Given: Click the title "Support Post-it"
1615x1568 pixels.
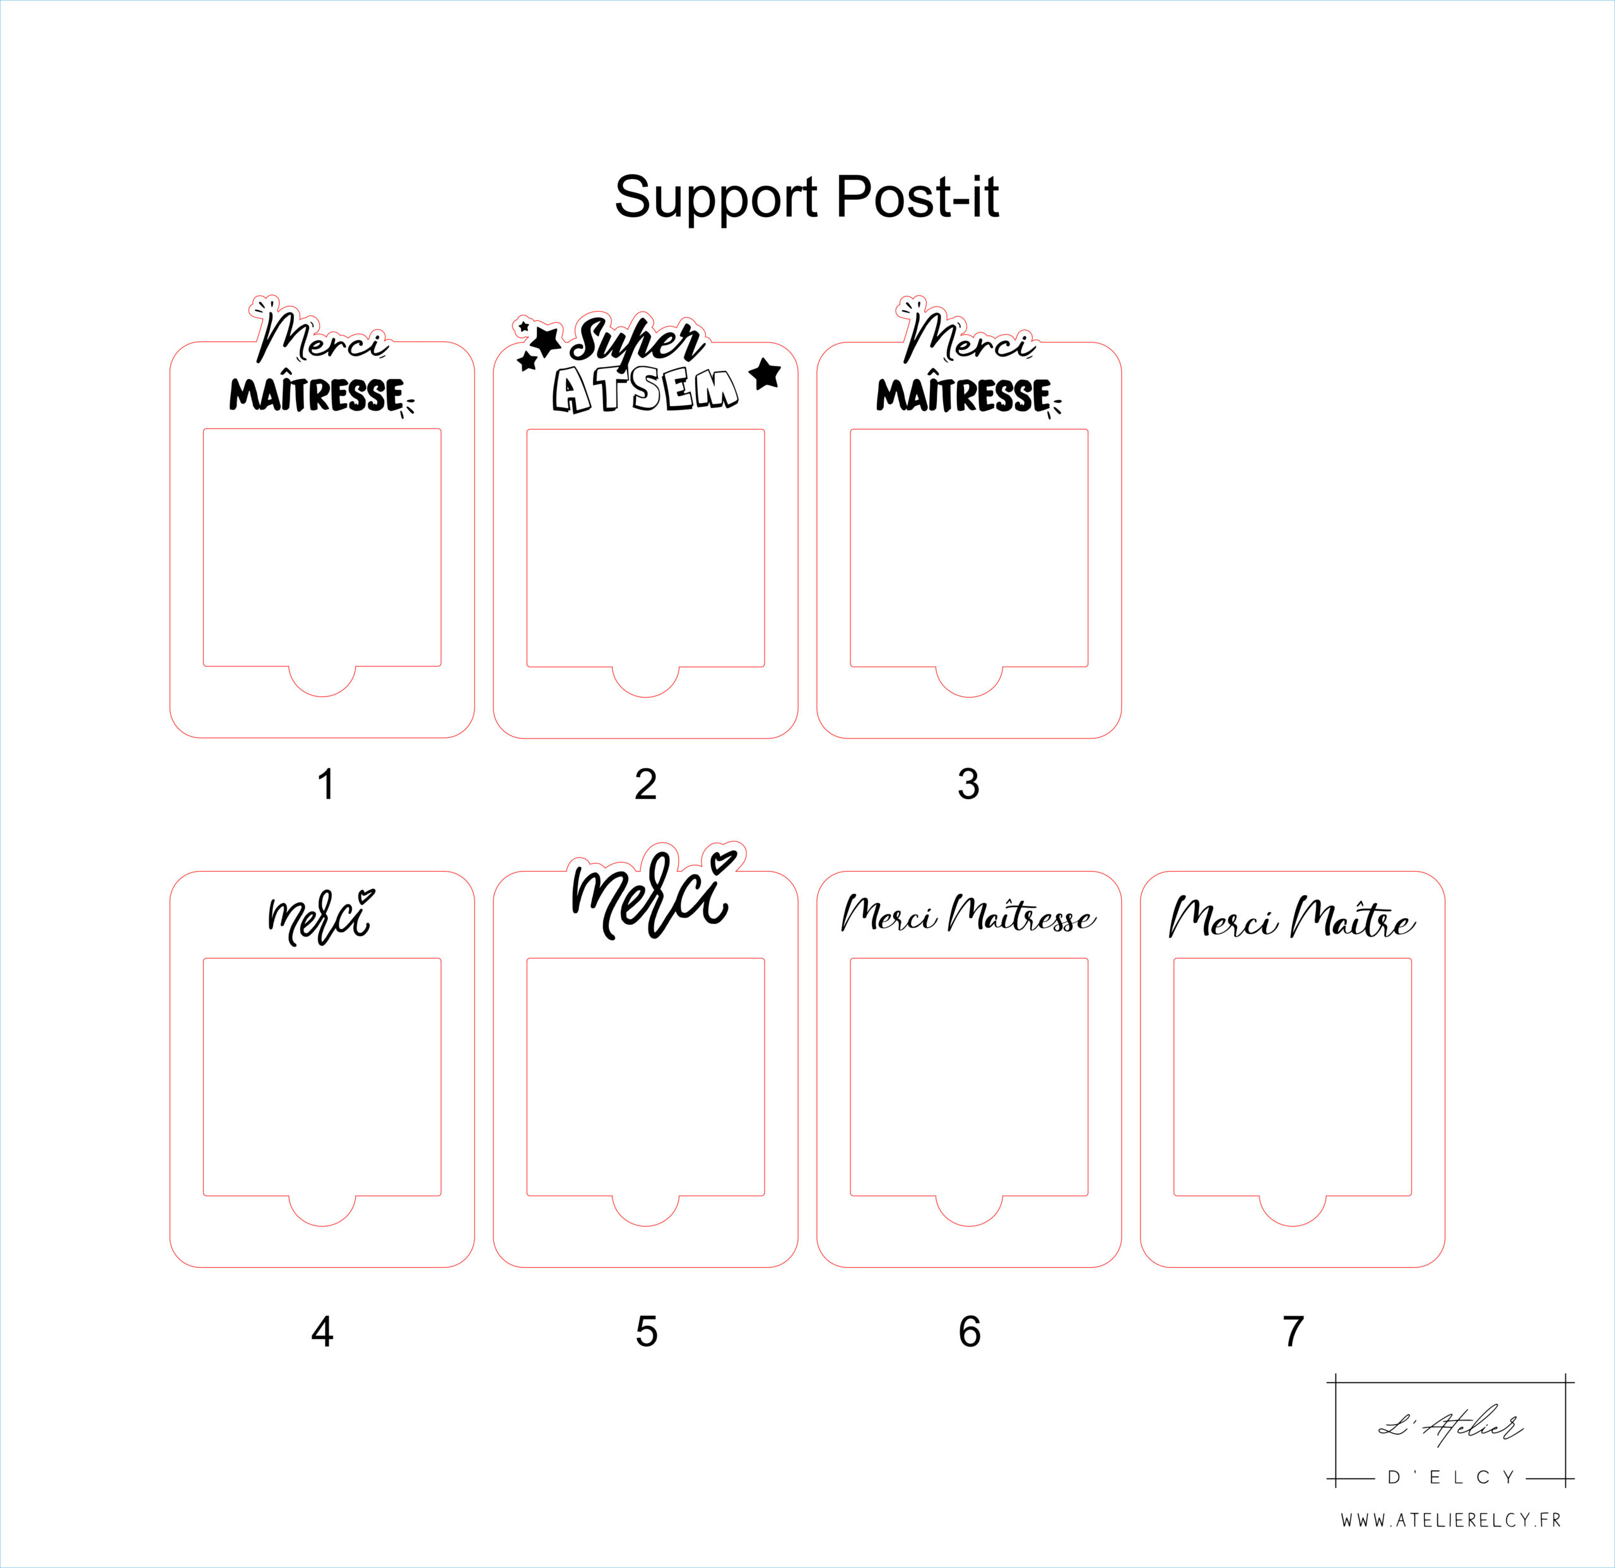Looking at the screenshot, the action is [807, 198].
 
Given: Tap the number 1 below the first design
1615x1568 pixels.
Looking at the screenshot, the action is [326, 785].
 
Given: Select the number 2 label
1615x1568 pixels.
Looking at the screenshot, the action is [646, 785].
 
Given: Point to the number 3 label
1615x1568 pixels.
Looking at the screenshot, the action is [969, 785].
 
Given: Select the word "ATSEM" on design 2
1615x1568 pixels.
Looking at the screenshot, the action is [645, 390].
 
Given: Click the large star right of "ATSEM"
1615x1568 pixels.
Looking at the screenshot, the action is [765, 373].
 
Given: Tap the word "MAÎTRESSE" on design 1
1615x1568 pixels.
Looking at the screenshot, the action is [317, 395].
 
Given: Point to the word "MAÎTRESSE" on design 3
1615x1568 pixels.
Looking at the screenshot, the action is [963, 395].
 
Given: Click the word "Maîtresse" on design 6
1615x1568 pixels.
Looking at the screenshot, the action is [1022, 915].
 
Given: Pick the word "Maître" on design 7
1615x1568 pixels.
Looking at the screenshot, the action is [1353, 917].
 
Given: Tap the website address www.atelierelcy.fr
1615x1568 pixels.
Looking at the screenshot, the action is [1451, 1520].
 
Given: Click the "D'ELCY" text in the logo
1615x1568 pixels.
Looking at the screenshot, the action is [1451, 1477].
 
